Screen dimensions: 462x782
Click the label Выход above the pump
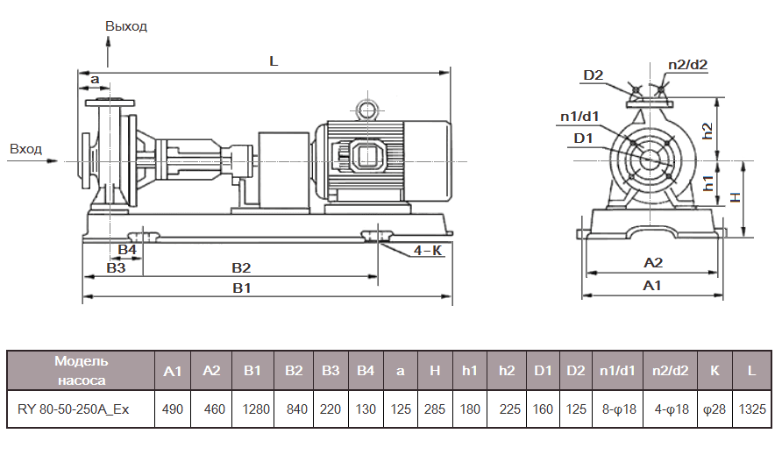126,26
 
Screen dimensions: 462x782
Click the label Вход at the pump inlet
25,149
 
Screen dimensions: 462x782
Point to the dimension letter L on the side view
274,61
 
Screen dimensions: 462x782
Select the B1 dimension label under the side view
242,288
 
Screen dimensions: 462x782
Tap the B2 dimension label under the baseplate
241,267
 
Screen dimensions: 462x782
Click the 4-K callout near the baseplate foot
428,251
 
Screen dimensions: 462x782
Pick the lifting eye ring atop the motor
364,109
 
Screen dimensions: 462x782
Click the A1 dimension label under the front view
652,286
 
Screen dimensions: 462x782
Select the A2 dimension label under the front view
652,263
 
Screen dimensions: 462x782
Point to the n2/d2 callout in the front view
687,64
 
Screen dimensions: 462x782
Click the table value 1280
252,409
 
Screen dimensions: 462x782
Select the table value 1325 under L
751,409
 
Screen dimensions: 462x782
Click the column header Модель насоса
81,370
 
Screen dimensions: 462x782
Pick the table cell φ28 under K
714,409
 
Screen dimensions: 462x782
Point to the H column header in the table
435,371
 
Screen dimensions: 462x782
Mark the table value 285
435,409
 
